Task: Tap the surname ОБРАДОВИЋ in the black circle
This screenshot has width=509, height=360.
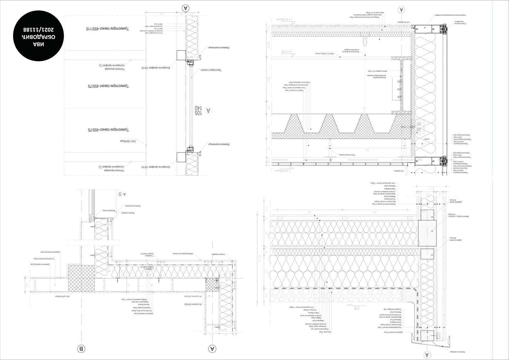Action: coord(39,37)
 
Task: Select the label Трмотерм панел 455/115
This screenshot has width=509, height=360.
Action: coord(107,29)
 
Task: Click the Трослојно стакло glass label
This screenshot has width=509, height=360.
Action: coord(211,70)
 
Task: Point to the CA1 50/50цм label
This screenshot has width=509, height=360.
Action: coord(128,141)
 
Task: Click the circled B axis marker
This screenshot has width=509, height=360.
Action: coord(81,349)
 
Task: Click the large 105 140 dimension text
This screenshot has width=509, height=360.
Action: coord(198,110)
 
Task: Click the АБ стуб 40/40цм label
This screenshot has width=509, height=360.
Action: coord(62,296)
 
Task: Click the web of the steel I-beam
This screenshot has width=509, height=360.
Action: coord(402,86)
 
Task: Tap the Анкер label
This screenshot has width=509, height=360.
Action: coord(427,140)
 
